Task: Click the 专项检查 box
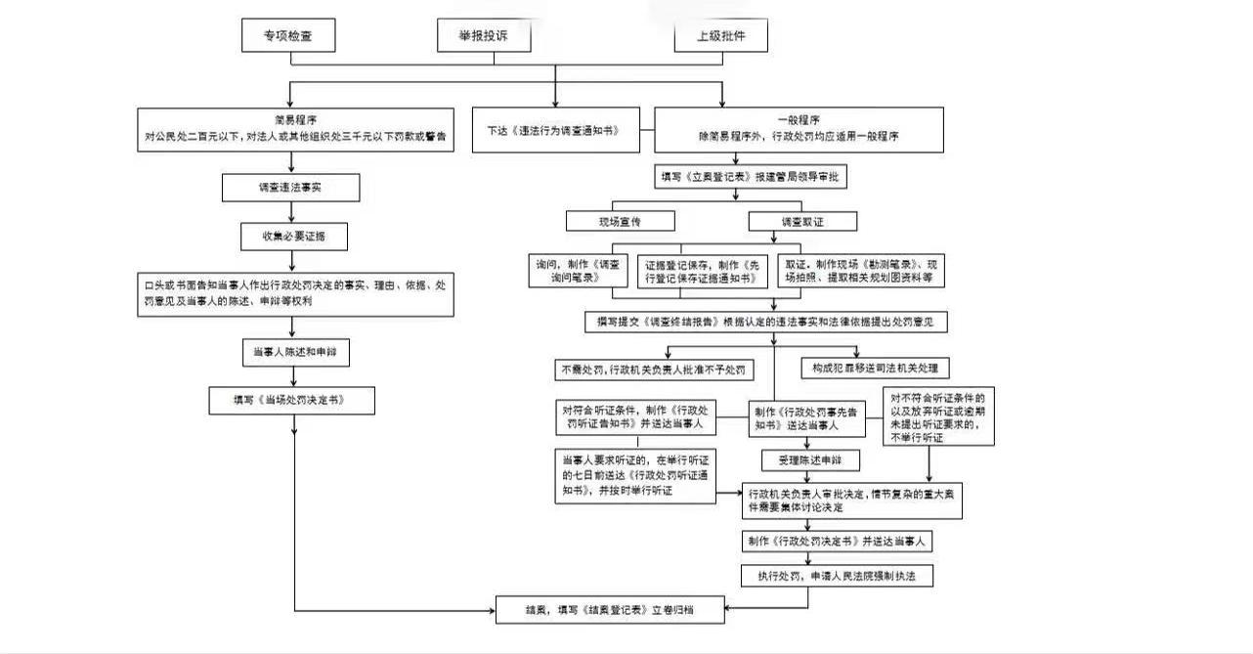tap(289, 35)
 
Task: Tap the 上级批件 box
tap(720, 35)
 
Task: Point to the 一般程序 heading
tap(798, 119)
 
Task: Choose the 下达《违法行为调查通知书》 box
tap(555, 130)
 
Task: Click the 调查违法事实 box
tap(291, 186)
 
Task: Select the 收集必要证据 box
tap(291, 236)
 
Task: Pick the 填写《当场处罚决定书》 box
tap(291, 400)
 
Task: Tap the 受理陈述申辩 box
tap(809, 459)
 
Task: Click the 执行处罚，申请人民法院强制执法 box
tap(838, 576)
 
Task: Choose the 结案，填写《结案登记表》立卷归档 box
tap(610, 609)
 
